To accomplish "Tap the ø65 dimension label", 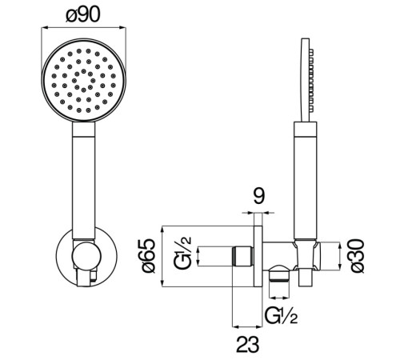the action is [149, 256].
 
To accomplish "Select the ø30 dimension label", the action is [358, 256].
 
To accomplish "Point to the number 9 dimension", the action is [258, 196].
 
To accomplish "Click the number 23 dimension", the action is [247, 345].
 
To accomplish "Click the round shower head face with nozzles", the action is [83, 80].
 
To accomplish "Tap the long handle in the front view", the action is [83, 181].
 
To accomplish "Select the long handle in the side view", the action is [306, 181].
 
